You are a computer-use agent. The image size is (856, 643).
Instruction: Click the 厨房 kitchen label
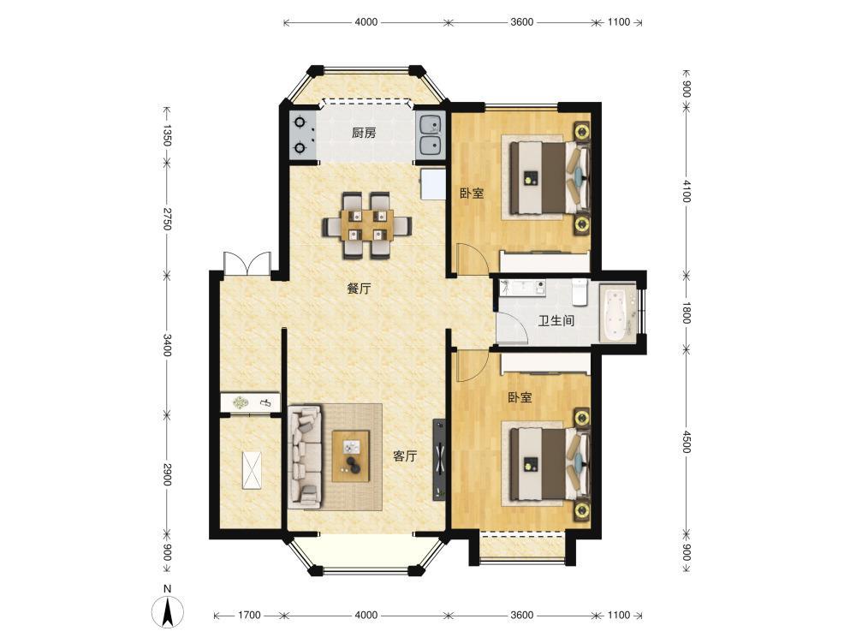point(364,133)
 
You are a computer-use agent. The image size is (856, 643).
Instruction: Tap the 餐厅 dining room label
point(359,289)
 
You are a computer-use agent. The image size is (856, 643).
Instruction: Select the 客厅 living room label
point(405,456)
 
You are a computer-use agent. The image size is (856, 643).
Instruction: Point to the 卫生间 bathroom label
point(556,320)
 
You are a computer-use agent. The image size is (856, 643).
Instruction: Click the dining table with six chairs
point(366,225)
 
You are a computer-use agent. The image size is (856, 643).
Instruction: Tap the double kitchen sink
point(431,135)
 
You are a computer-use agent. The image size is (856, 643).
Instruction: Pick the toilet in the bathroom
point(579,291)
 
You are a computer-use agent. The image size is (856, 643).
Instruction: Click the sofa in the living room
point(306,455)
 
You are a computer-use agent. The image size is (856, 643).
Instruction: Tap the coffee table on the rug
point(350,455)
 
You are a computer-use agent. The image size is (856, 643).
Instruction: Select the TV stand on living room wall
point(440,459)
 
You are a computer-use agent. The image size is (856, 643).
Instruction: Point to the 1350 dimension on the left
point(167,135)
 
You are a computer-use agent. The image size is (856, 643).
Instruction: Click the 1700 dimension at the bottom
point(249,615)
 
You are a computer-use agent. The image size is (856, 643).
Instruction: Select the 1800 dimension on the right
point(687,313)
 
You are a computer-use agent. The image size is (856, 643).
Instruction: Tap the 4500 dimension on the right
point(687,442)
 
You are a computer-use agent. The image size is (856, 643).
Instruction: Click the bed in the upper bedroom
point(550,178)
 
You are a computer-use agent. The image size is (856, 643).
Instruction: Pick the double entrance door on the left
point(247,264)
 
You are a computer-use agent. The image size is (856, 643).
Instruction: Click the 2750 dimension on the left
point(167,217)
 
